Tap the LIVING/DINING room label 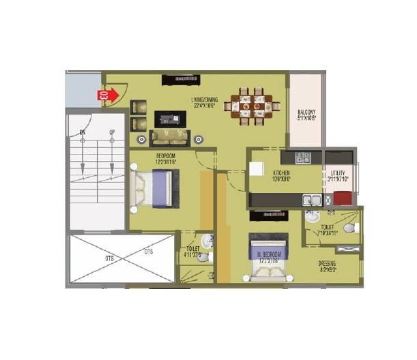pos(203,103)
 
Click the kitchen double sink pos(313,200)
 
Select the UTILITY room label pos(339,175)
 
